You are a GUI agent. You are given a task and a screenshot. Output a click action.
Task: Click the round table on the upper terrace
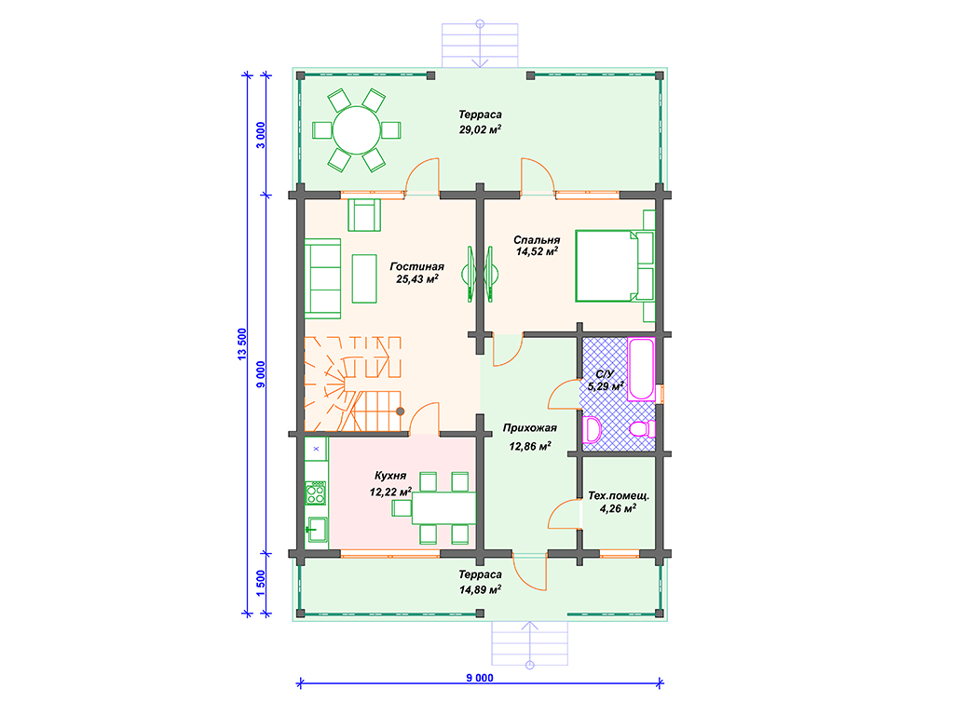357,130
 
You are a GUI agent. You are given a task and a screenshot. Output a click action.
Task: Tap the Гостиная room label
416,266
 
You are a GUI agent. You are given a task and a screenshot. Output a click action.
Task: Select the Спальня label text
537,239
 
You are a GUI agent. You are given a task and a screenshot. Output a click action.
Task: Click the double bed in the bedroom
615,265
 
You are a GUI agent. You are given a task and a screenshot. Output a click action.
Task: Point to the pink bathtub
641,369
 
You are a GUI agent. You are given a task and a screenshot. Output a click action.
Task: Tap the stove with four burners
316,492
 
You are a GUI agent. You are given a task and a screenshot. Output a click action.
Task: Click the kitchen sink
317,530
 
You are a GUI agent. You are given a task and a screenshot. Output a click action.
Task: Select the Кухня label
390,476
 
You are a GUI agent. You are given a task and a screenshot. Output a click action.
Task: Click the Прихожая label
529,428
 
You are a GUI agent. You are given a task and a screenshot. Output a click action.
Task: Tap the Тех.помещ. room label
619,495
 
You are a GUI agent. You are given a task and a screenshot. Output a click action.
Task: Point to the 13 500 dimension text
242,344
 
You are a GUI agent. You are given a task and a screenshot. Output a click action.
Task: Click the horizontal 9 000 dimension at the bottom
480,678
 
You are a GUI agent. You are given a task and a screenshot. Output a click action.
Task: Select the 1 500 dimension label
261,583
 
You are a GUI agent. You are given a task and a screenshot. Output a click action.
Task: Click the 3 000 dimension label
261,135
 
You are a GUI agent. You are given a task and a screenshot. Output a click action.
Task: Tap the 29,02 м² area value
480,129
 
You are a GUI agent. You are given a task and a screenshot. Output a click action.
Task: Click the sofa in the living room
322,278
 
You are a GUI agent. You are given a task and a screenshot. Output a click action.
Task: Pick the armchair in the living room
364,215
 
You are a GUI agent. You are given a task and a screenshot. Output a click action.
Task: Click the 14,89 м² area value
480,589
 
